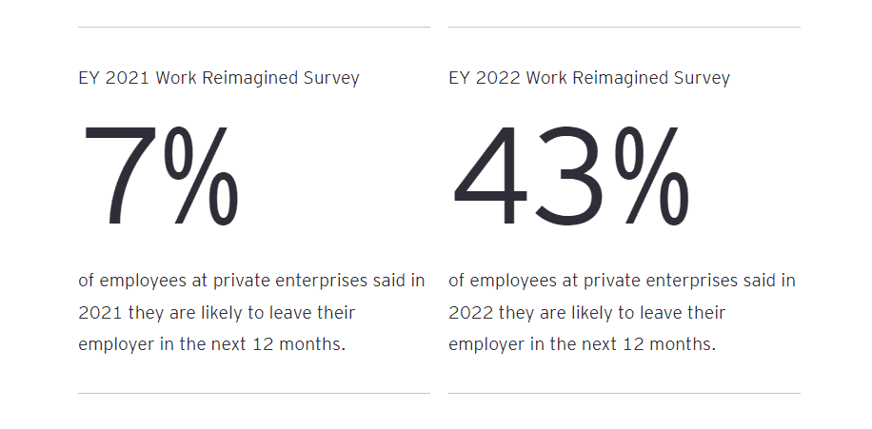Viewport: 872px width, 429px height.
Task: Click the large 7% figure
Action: [x=160, y=177]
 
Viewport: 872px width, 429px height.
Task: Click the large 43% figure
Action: [x=569, y=177]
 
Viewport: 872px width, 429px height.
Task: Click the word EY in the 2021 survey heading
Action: [x=89, y=78]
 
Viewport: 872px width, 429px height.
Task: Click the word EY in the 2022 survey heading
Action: [x=459, y=78]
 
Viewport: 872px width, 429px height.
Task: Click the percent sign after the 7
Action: [x=201, y=177]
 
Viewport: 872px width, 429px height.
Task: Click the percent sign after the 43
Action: [x=652, y=177]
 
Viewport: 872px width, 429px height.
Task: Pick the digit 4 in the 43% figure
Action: [x=488, y=177]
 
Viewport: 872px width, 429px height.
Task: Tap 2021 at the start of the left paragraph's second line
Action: [x=98, y=312]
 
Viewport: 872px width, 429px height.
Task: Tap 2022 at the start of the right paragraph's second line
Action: [x=469, y=312]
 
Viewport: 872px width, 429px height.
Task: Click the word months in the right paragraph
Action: [x=683, y=343]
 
